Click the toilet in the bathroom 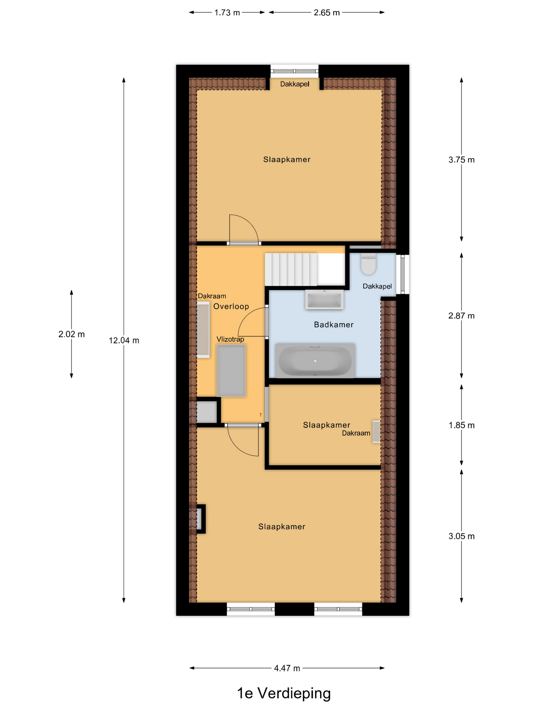click(368, 265)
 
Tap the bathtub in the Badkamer click(315, 361)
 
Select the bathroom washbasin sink click(324, 300)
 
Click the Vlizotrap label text click(230, 339)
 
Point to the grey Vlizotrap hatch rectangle click(231, 370)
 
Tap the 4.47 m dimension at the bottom click(287, 668)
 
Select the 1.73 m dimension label click(227, 12)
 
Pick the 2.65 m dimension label click(326, 12)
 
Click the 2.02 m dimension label click(71, 334)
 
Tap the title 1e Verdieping click(284, 693)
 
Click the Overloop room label click(231, 306)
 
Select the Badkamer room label click(334, 325)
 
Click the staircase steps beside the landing click(291, 269)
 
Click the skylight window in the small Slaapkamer click(376, 432)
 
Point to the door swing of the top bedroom click(243, 228)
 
